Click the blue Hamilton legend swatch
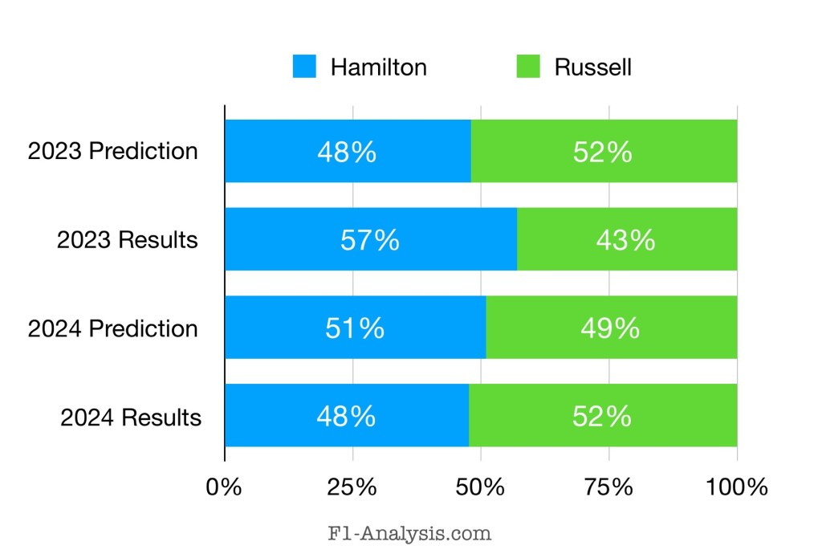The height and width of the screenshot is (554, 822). coord(304,67)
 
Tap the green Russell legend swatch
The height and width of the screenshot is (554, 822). coord(527,67)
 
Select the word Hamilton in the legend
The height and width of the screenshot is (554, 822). coord(378,67)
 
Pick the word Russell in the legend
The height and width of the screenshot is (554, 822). coord(592,67)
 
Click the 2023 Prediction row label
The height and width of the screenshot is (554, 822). coord(112,151)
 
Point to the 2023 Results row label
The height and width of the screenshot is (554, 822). coord(127,240)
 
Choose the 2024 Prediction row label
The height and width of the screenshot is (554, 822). coord(112,328)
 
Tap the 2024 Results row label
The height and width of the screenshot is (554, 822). coord(130,418)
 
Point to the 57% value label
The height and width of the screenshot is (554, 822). coord(369,240)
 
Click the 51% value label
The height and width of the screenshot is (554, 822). coord(354,328)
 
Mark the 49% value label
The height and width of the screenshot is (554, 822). coord(610,328)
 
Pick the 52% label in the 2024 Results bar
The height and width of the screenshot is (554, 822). coord(602,418)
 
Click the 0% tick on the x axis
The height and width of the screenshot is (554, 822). coord(225,487)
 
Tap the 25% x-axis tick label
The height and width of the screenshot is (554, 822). coord(352,487)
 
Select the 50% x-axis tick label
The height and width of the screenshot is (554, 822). coord(481,487)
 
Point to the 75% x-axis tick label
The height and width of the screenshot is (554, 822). coord(608,487)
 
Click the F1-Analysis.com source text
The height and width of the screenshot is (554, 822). coord(410,532)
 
